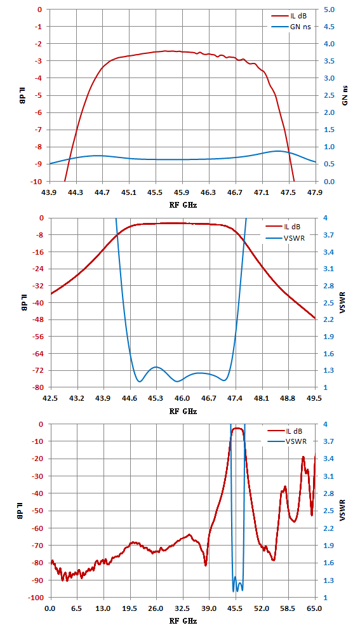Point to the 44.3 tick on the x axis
point(76,191)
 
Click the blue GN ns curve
point(182,159)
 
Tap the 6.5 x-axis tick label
point(76,608)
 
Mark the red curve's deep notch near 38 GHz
point(206,565)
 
